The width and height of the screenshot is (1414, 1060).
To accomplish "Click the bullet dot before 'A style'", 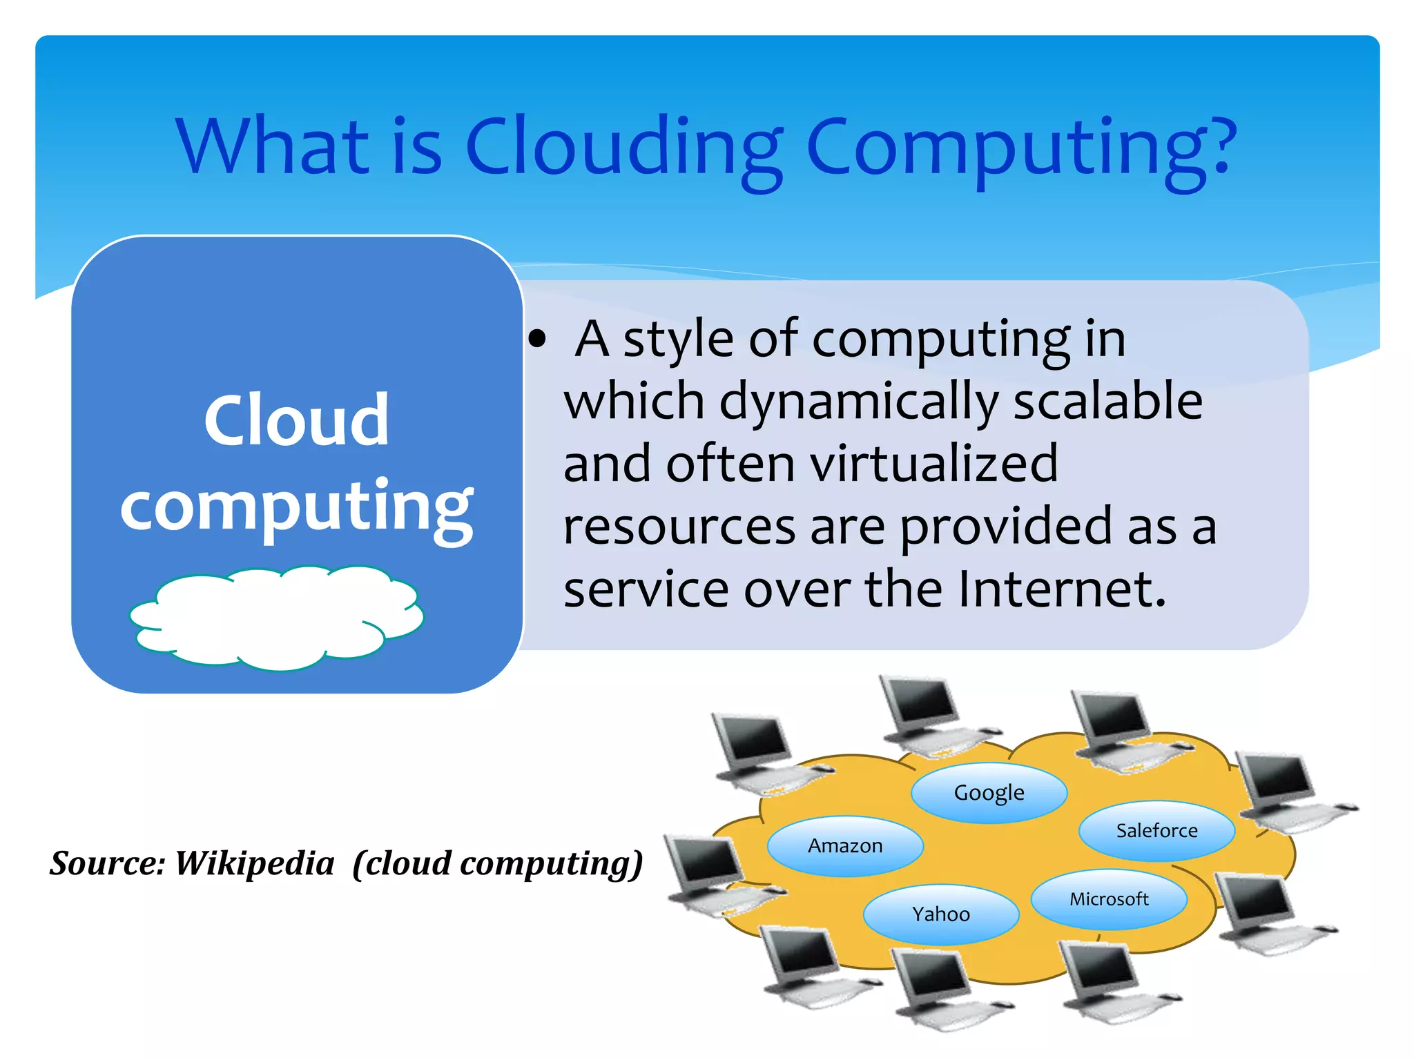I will tap(537, 339).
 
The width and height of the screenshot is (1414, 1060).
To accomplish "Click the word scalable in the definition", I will tap(1107, 401).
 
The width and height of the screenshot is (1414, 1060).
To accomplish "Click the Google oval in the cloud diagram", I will tap(989, 793).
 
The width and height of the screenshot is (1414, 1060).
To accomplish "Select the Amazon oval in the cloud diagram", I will tap(845, 846).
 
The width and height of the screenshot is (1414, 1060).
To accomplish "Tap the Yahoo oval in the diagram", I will tap(941, 914).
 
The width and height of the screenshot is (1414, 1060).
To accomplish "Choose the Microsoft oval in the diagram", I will tap(1109, 899).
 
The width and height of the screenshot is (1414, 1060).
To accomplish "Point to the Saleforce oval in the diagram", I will tap(1156, 831).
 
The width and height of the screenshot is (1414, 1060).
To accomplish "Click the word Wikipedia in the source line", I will tap(254, 863).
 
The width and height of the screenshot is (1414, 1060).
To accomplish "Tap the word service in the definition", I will tap(646, 590).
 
